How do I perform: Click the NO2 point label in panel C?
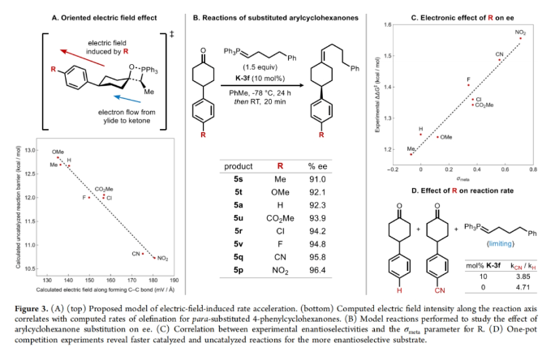click(x=520, y=32)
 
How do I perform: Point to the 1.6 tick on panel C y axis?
click(x=385, y=25)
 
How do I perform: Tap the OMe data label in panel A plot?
click(x=58, y=152)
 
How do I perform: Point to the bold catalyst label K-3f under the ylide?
click(x=253, y=83)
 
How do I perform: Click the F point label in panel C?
click(x=468, y=79)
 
